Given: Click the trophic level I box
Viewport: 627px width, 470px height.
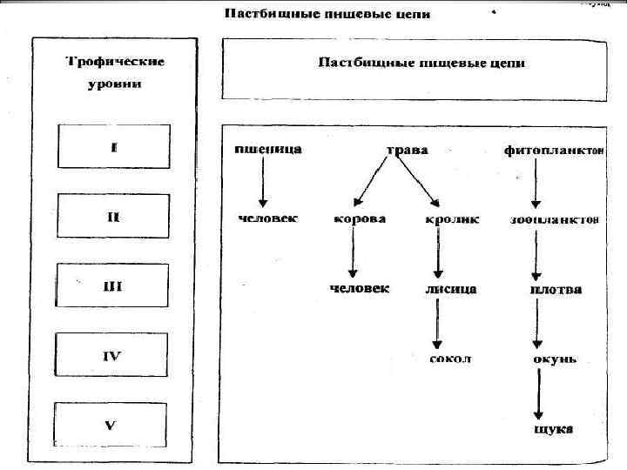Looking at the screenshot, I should [x=112, y=146].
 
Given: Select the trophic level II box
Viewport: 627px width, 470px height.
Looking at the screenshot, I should [x=112, y=216].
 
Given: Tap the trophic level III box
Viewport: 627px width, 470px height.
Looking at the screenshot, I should [x=112, y=286].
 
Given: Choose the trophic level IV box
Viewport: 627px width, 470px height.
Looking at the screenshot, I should [x=112, y=356].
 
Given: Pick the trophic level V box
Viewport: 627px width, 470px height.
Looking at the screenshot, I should [x=112, y=425].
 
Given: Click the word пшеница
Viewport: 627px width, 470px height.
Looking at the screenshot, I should [x=268, y=149].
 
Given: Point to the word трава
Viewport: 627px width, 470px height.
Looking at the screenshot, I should [x=407, y=150].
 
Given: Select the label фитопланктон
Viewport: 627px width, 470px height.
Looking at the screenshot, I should [x=552, y=150].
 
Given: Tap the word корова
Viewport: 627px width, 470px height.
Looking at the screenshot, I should [x=360, y=219].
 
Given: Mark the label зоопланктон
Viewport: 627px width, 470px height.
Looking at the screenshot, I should [x=554, y=219].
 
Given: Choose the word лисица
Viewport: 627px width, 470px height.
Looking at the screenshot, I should [x=450, y=288].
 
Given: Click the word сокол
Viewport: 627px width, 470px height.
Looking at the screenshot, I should [x=450, y=359].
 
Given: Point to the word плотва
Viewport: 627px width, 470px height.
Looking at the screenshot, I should [x=556, y=289].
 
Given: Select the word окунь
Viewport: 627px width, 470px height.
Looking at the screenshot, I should [x=554, y=359].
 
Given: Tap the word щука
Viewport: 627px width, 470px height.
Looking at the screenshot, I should [x=554, y=429].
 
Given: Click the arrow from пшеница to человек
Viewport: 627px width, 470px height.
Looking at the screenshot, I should [x=262, y=184].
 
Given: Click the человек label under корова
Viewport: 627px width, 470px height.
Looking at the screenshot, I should [x=360, y=288].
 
